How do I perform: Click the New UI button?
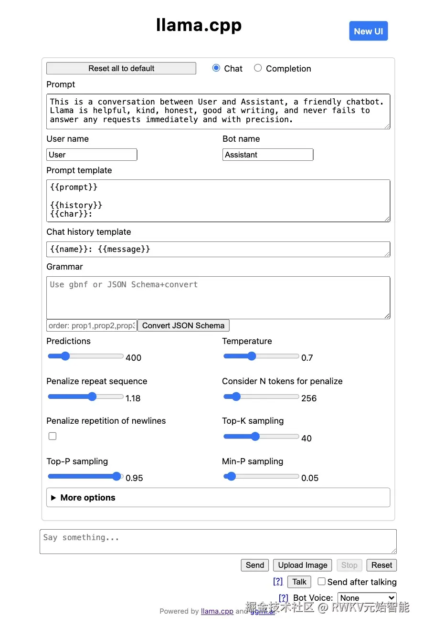[368, 31]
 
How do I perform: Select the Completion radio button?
[258, 68]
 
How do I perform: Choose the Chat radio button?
[216, 68]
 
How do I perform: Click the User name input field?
[92, 155]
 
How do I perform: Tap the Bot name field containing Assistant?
[268, 155]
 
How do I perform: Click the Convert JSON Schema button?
[183, 325]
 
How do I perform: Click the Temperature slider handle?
[252, 356]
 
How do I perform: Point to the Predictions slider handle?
[65, 356]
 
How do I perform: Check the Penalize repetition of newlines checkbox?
[53, 436]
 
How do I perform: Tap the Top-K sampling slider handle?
[255, 436]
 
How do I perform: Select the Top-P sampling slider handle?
[116, 476]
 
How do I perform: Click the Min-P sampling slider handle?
[232, 476]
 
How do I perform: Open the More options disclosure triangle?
[53, 498]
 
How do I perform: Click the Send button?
[255, 565]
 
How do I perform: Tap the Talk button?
[299, 582]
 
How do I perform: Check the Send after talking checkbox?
[322, 581]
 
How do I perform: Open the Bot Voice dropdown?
[367, 598]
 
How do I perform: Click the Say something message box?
[218, 542]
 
